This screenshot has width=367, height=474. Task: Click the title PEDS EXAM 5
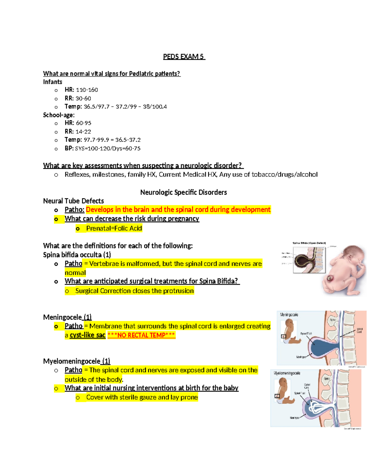[x=183, y=57]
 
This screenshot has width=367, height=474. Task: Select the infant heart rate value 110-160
[x=87, y=90]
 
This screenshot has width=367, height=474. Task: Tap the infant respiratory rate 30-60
[x=83, y=99]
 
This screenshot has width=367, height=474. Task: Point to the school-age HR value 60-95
[x=83, y=123]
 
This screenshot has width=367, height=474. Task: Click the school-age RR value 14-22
[x=83, y=132]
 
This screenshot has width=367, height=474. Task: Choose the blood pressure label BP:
[x=69, y=148]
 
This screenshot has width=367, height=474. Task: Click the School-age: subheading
[x=59, y=115]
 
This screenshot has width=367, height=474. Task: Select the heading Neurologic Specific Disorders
[x=183, y=192]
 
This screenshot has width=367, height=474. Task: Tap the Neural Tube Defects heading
[x=73, y=201]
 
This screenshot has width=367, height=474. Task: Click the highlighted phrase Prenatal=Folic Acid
[x=114, y=228]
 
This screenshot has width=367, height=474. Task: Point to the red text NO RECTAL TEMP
[x=141, y=335]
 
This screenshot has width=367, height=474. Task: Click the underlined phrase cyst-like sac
[x=87, y=335]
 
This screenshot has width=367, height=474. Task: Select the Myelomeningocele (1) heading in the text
[x=76, y=361]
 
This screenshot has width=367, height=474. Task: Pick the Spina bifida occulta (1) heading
[x=77, y=255]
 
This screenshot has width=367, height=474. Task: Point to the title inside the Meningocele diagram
[x=289, y=315]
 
